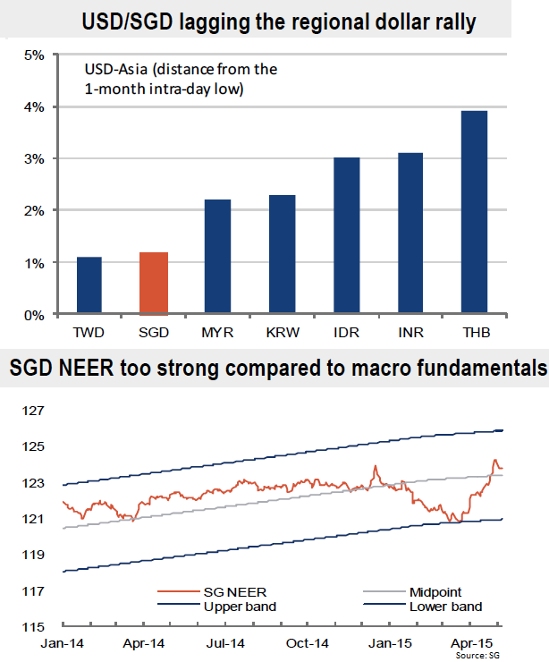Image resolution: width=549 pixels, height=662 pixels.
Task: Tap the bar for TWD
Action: click(x=89, y=285)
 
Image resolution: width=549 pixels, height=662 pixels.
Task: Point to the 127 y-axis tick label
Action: click(x=33, y=411)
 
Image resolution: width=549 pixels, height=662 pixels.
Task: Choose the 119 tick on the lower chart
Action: click(x=33, y=555)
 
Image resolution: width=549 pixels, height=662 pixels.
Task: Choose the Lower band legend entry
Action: click(x=444, y=607)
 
